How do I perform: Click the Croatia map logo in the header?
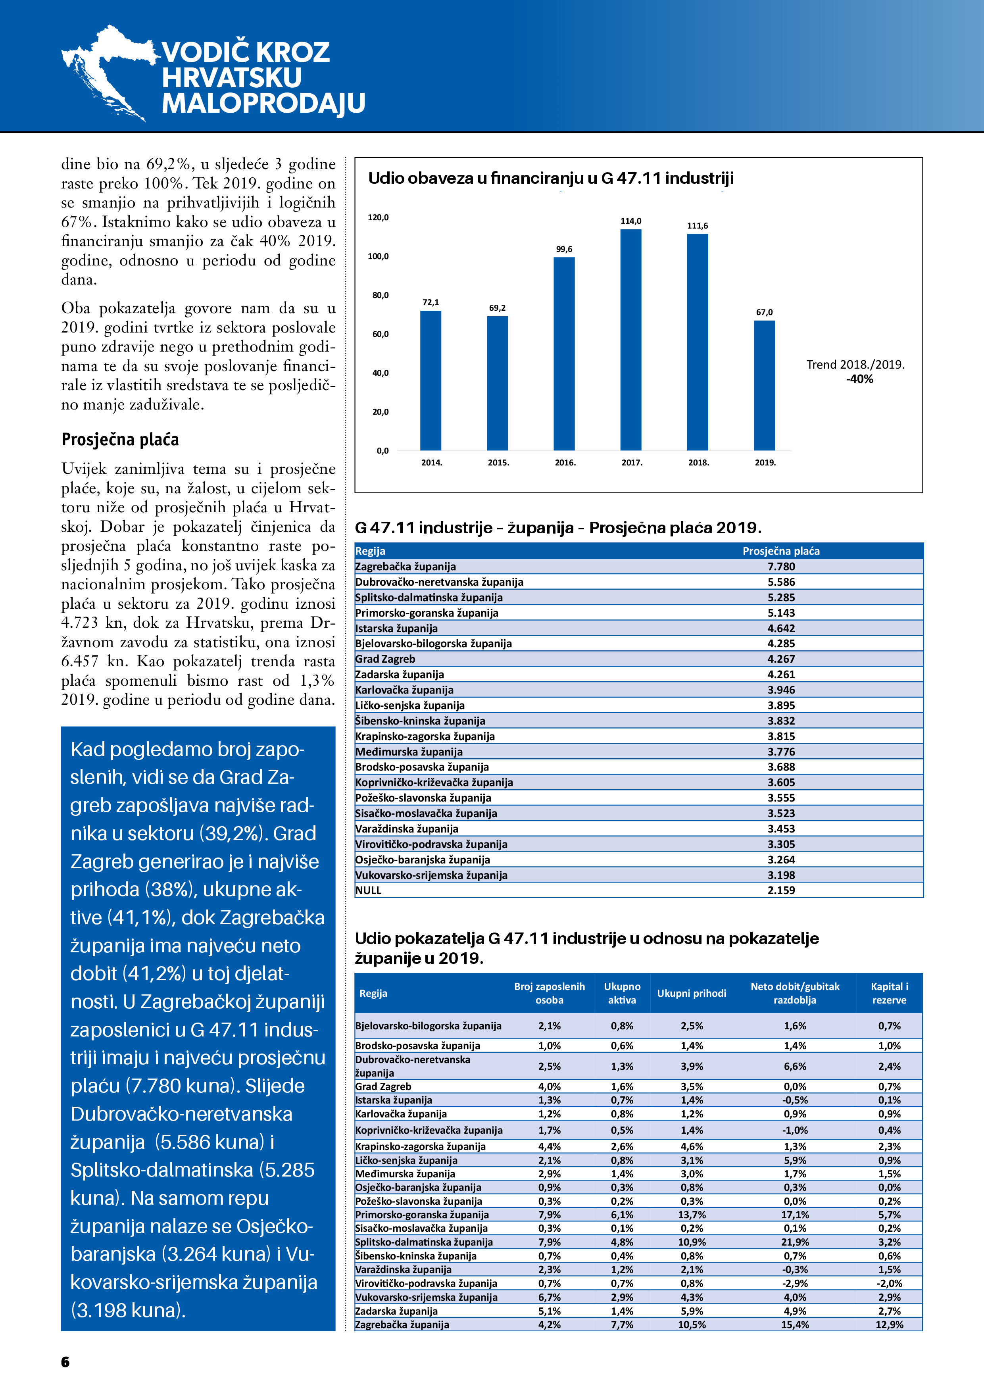click(106, 71)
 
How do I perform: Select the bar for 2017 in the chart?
click(630, 340)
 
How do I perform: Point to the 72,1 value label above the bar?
click(430, 302)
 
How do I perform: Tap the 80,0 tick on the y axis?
click(380, 295)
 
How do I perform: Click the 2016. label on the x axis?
click(565, 463)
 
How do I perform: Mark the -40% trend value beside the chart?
click(860, 379)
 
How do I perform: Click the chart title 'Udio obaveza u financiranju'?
click(550, 178)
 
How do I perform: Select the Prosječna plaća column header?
click(781, 551)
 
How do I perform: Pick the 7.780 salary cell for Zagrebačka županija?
click(781, 566)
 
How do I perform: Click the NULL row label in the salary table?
click(369, 890)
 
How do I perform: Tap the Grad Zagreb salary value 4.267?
click(781, 659)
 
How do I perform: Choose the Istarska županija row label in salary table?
click(396, 628)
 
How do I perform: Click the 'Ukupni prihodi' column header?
click(691, 993)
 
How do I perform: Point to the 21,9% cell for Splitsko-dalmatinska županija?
click(794, 1242)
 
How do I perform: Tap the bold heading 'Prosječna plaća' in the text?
click(120, 440)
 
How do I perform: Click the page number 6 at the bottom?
click(65, 1362)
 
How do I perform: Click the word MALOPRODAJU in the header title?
click(263, 103)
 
